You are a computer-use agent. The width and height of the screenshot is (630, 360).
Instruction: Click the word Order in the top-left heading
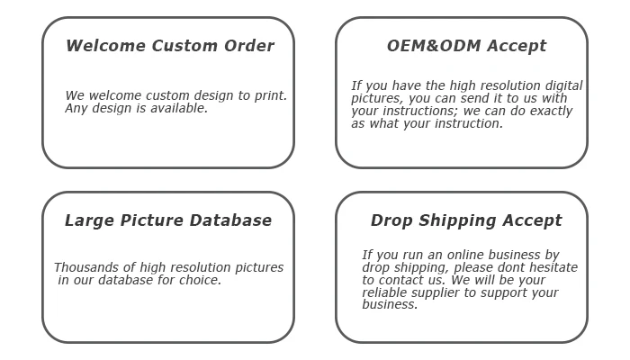coord(248,46)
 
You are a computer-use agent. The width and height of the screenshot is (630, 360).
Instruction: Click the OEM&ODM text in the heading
coord(421,46)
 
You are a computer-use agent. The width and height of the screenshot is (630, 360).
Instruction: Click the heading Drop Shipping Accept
coord(466,220)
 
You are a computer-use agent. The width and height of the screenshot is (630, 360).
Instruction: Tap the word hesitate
coord(551,267)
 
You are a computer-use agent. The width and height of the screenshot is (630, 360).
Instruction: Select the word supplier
coord(440,292)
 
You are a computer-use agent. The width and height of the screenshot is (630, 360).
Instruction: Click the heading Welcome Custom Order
coord(170,46)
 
